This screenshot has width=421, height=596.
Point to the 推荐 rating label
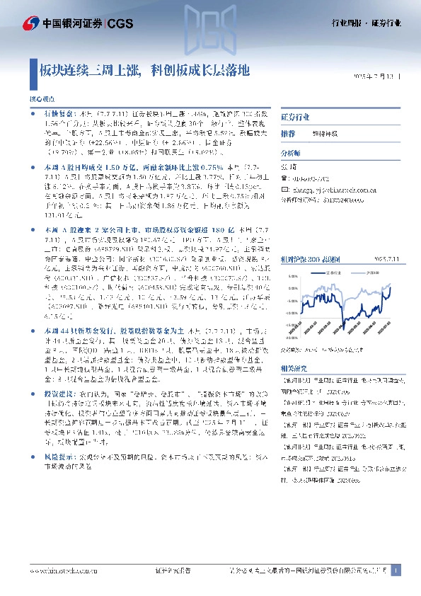click(288, 134)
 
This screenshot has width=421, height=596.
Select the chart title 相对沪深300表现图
click(304, 260)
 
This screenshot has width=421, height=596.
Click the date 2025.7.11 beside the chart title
click(389, 260)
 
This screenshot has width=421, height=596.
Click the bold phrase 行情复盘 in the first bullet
click(56, 113)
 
